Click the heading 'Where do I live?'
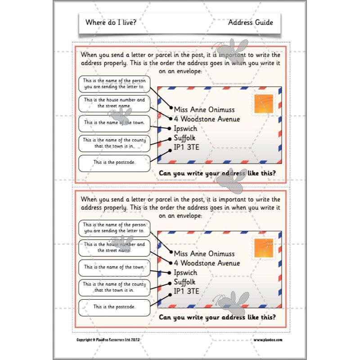(105, 22)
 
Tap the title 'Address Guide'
(250, 22)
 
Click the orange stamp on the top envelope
(264, 104)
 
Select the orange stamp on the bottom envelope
(264, 248)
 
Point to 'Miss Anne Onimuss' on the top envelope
(204, 110)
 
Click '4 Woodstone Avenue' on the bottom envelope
(207, 263)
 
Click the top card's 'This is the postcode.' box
(114, 162)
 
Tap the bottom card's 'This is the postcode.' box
(114, 306)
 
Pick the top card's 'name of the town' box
(114, 122)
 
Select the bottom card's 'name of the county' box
(114, 287)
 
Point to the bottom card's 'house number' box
(114, 247)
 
